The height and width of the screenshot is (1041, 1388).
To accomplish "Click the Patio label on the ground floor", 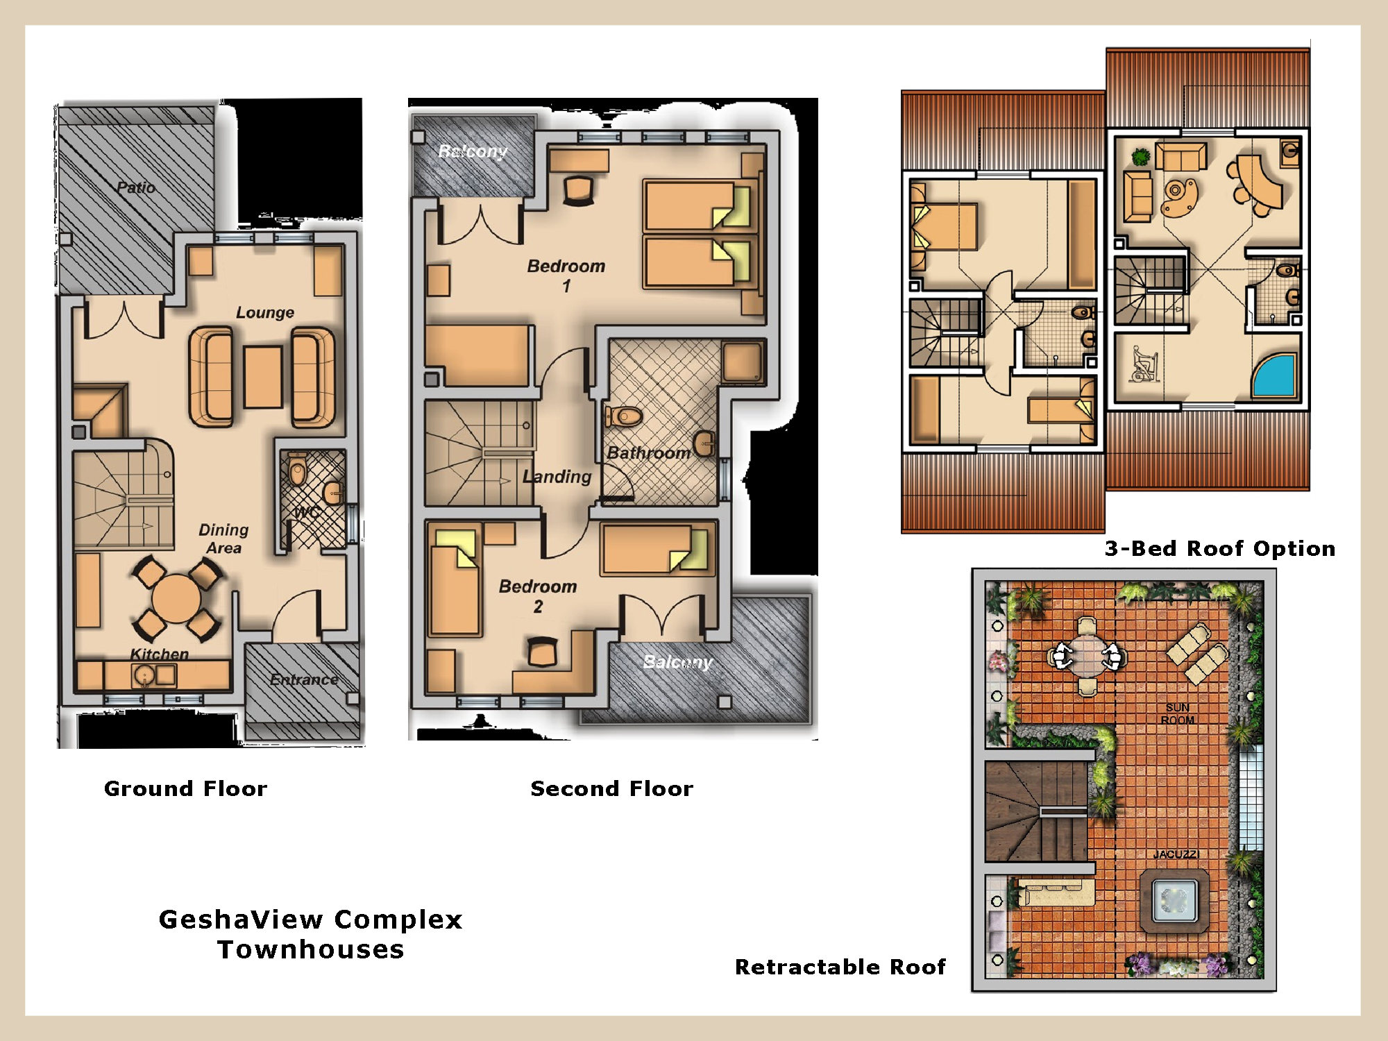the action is point(136,187).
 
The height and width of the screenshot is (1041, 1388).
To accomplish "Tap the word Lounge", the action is point(265,312).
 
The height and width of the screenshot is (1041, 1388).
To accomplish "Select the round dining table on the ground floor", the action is point(176,598).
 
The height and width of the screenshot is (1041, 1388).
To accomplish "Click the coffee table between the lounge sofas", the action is point(264,378).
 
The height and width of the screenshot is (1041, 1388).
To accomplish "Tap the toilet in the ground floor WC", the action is point(298,470).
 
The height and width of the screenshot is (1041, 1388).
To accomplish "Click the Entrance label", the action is point(304,679).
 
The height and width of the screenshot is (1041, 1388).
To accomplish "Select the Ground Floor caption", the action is point(185,788).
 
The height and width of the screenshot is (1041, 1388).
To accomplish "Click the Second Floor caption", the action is point(611,788).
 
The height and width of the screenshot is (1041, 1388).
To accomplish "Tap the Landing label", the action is point(557,477).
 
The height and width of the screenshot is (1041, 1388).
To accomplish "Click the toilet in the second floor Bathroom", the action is point(624,416).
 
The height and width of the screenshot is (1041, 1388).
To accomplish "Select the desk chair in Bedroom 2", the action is point(543,652).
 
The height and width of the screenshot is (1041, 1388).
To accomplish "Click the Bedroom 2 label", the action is point(538,596).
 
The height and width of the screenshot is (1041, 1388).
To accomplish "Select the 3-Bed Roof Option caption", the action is point(1220,548).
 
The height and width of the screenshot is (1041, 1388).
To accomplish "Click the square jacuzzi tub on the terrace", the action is point(1174,902).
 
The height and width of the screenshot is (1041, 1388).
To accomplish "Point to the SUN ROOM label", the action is point(1178,714).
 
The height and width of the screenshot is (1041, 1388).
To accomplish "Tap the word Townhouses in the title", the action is point(311,949).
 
